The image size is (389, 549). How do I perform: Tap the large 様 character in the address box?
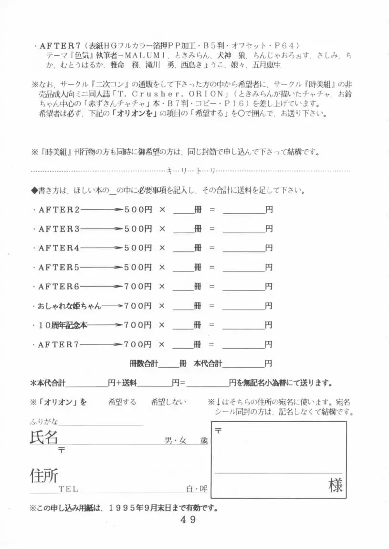point(336,485)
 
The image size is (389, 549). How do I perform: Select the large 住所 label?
point(44,475)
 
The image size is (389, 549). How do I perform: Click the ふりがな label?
point(44,421)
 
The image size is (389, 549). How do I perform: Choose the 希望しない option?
point(168,402)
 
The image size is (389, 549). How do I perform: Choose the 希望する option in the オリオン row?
point(122,402)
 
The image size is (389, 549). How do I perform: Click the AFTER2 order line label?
point(59,209)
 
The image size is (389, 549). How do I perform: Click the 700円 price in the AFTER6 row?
point(138,286)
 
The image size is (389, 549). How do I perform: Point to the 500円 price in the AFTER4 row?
point(138,248)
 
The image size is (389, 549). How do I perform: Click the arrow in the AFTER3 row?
point(102,229)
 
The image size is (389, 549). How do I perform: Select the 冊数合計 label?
point(144,363)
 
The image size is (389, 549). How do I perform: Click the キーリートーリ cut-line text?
point(190,170)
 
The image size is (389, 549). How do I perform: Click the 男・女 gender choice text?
point(176,441)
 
